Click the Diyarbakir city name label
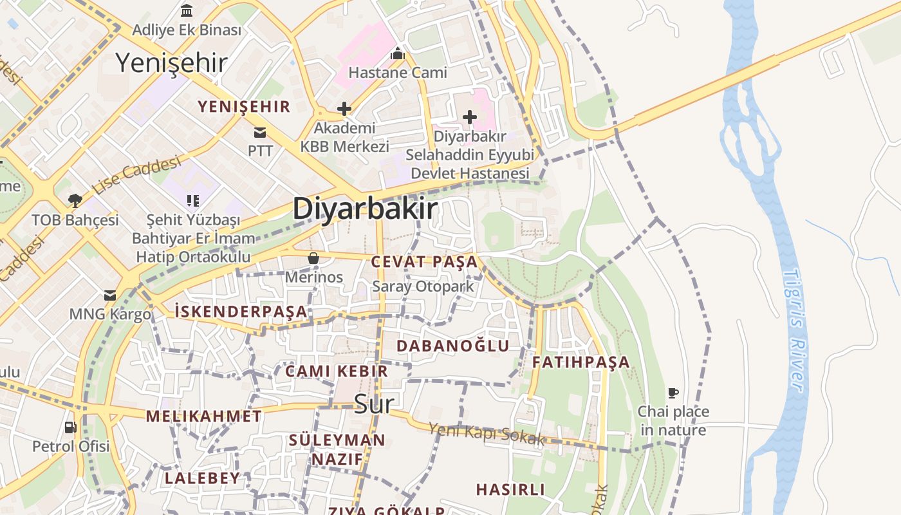click(365, 210)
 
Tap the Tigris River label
click(795, 330)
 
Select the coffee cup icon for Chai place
click(673, 393)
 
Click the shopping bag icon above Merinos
click(313, 258)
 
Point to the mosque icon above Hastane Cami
click(398, 53)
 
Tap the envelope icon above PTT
click(260, 133)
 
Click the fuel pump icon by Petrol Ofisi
click(71, 427)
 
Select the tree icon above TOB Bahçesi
click(75, 201)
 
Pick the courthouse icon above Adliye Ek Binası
click(187, 10)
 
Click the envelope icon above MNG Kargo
click(110, 295)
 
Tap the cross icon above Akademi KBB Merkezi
click(344, 109)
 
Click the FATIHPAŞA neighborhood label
click(581, 362)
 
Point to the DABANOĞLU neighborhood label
click(452, 346)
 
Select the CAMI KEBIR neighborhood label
click(337, 371)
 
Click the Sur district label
click(374, 404)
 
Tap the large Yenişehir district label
click(171, 63)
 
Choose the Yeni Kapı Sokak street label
click(487, 435)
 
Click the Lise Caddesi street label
click(136, 175)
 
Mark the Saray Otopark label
click(423, 286)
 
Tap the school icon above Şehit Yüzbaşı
click(192, 201)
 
